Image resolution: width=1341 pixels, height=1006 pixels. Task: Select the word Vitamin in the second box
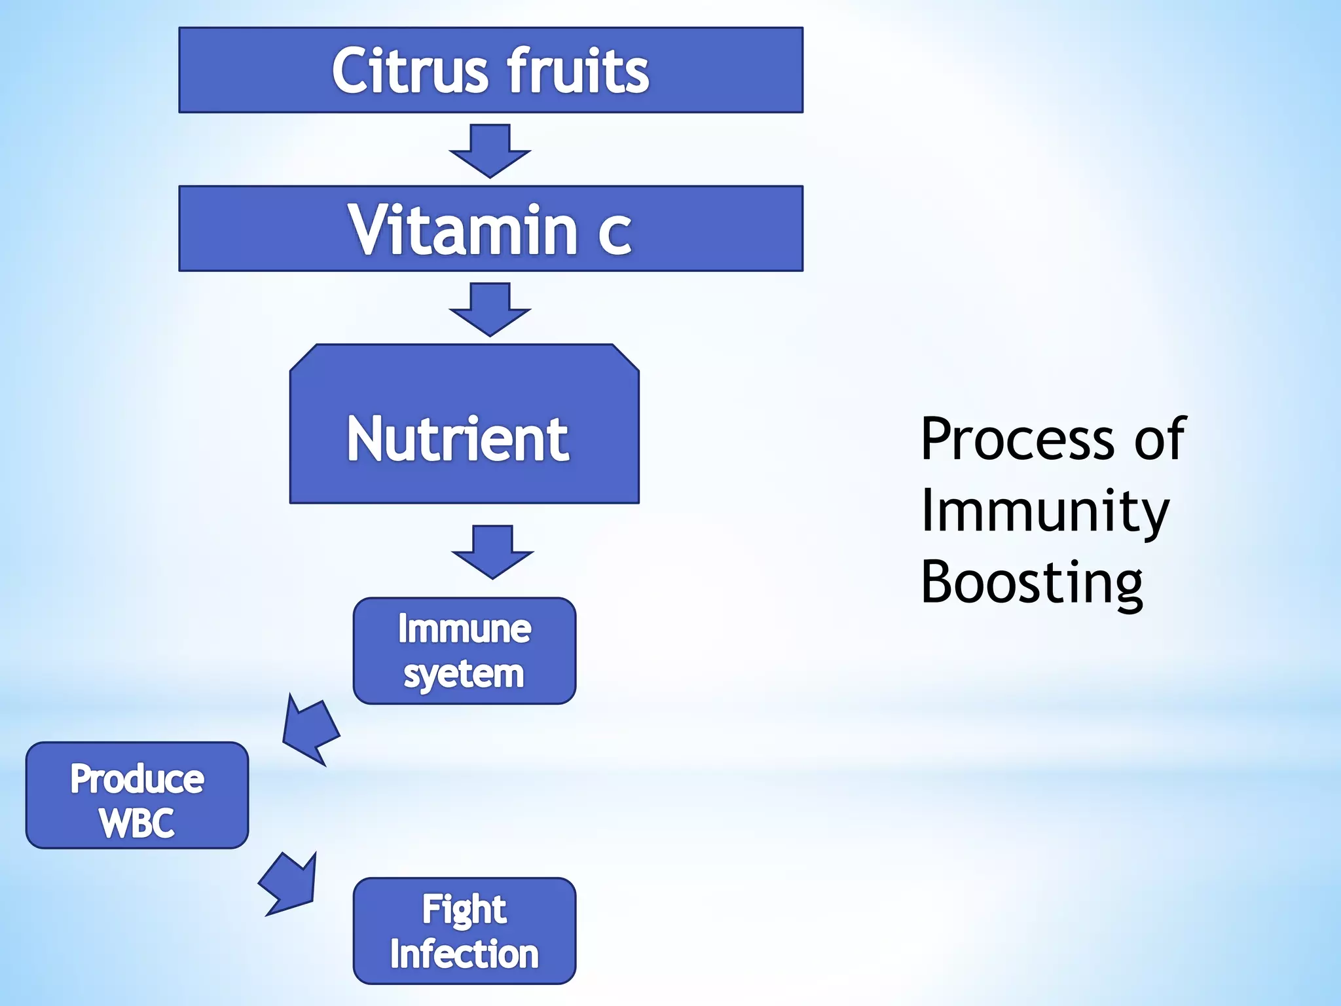[x=462, y=230]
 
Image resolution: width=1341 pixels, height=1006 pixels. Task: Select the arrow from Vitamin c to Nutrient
[x=490, y=310]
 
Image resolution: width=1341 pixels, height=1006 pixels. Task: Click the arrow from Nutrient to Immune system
[x=492, y=552]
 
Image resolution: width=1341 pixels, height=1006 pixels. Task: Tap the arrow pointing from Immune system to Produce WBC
[x=310, y=731]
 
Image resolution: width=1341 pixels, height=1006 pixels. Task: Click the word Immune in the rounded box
[x=464, y=629]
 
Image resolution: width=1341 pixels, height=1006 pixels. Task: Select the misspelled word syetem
[x=464, y=674]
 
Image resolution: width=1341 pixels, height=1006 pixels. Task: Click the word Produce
[x=137, y=779]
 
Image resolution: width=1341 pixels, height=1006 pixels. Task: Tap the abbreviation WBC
[x=137, y=823]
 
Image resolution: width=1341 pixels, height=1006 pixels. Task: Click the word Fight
[x=464, y=910]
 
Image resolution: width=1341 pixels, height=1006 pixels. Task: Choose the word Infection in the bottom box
[x=464, y=954]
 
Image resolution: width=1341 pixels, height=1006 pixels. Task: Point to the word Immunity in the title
[x=1044, y=512]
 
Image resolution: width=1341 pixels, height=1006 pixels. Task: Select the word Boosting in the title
[x=1032, y=583]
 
